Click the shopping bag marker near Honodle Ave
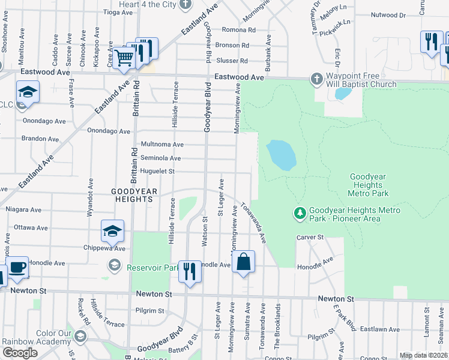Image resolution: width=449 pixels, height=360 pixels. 243,262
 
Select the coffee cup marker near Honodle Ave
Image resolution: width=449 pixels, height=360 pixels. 17,267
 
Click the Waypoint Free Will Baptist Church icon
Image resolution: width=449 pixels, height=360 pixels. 317,79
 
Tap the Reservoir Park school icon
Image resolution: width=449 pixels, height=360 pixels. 114,265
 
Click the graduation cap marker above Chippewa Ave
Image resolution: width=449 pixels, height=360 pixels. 112,231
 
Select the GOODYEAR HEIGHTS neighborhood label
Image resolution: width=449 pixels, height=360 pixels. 134,195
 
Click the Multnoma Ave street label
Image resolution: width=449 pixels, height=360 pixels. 161,145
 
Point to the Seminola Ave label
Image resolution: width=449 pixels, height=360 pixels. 160,158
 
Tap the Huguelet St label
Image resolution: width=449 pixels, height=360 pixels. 157,172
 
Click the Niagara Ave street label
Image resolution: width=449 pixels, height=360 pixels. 23,210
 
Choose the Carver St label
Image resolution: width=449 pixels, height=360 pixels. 310,238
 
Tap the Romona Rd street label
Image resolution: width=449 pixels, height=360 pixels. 239,29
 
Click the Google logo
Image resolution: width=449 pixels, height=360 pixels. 20,353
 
